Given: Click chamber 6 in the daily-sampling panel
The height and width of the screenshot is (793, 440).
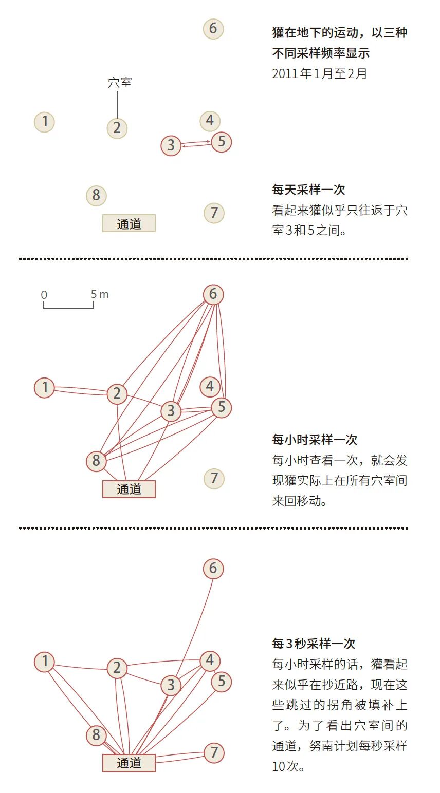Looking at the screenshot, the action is click(213, 29).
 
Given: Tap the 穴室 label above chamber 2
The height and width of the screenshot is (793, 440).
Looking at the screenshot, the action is click(120, 82).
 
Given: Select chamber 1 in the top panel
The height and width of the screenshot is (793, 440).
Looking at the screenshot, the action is click(45, 122).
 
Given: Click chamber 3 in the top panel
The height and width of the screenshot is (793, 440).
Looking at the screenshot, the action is click(171, 145).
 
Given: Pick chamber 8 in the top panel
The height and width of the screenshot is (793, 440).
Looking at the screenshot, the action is click(96, 195).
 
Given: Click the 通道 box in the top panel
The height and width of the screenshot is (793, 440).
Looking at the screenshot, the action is click(129, 223).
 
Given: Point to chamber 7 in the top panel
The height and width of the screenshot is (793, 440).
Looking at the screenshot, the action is click(214, 213).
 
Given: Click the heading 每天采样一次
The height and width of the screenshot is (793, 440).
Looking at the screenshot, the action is click(308, 190).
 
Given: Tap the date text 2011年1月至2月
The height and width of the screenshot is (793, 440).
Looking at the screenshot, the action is click(319, 73).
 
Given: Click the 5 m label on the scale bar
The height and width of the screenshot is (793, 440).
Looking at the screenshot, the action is click(100, 294).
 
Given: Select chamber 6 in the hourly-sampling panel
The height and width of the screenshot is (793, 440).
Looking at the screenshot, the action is click(213, 294).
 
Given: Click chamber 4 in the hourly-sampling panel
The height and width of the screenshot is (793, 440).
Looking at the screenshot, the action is click(210, 386).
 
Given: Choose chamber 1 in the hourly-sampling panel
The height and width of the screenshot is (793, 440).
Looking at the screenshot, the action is click(45, 387).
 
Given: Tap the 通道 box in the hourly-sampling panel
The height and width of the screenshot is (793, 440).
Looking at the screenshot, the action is click(129, 489).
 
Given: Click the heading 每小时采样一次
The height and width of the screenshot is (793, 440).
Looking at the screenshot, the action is click(315, 440).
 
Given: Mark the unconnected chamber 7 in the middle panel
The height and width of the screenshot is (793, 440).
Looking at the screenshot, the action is click(214, 478).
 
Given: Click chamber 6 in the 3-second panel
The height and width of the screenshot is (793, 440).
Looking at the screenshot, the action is click(213, 569).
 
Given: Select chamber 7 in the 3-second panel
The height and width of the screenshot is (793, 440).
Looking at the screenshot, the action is click(214, 753).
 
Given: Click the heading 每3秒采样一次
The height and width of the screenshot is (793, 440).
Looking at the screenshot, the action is click(314, 644).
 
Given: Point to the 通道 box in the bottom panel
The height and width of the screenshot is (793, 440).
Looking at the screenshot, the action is click(129, 763).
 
